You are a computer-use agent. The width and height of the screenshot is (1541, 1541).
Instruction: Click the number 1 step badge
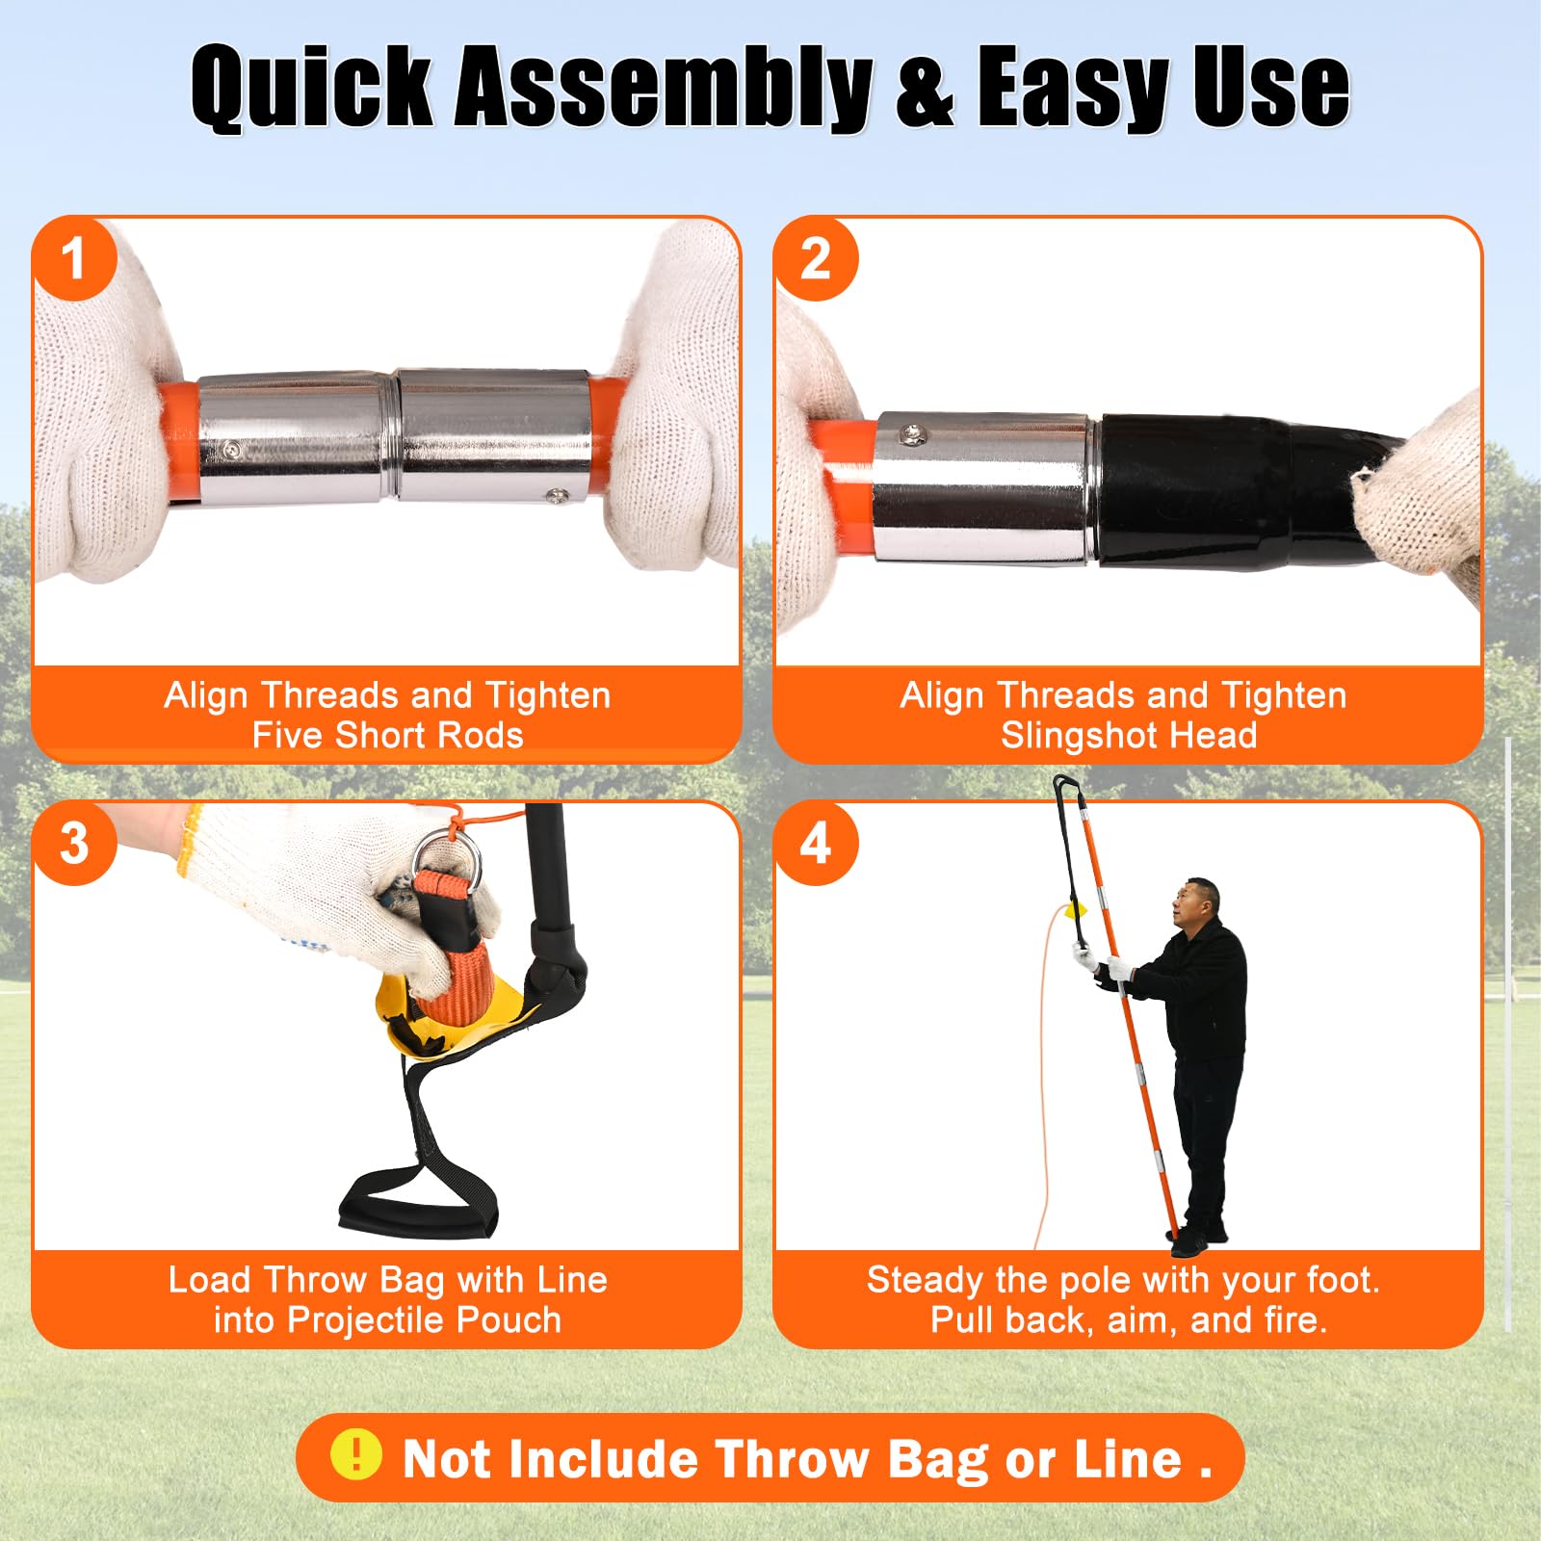74,258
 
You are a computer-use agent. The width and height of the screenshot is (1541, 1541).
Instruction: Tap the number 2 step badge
816,258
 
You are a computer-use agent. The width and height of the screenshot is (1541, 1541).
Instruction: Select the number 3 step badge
74,844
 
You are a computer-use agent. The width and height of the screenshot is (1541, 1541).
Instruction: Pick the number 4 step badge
816,844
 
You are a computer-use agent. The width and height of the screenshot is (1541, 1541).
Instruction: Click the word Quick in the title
312,87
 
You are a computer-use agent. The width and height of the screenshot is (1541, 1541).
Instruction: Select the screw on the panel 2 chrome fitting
913,436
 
